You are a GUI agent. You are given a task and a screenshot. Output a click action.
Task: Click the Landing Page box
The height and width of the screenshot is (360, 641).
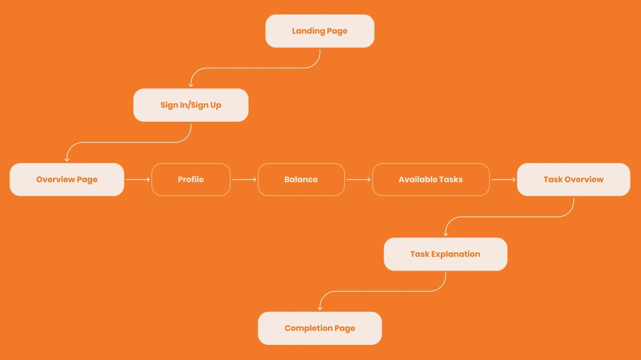click(320, 31)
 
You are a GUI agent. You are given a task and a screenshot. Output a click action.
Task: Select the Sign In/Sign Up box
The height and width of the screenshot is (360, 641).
click(191, 105)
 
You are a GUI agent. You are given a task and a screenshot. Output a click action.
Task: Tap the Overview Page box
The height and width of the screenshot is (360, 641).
click(67, 179)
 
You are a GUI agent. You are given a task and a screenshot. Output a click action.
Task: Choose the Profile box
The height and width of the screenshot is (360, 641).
click(191, 179)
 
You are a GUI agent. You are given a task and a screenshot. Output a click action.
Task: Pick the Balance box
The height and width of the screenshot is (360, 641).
click(301, 179)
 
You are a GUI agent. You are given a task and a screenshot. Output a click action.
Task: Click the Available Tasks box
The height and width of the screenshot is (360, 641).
click(431, 179)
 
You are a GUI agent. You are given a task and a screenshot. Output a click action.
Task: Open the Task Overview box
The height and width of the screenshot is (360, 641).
click(574, 179)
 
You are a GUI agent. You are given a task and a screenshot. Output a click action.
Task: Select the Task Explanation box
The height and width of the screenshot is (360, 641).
click(445, 254)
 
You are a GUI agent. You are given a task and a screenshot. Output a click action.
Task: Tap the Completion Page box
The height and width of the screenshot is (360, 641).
click(320, 328)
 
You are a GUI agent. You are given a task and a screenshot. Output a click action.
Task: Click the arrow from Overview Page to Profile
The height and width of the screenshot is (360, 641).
click(138, 179)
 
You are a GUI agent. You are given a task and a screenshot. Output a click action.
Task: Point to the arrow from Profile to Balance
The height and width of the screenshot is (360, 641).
click(244, 179)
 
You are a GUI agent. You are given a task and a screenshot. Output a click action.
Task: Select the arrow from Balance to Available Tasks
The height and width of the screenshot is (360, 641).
click(358, 179)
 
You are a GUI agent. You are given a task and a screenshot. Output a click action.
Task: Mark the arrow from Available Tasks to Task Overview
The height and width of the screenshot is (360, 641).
click(504, 179)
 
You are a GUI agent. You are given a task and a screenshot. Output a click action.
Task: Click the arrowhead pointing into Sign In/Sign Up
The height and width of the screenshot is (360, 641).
click(191, 85)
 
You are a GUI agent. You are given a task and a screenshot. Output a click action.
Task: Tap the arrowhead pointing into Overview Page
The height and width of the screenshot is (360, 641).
click(67, 160)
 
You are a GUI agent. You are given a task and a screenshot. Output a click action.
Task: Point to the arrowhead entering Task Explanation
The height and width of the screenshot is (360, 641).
click(445, 234)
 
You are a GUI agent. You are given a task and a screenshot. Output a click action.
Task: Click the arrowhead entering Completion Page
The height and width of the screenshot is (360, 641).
click(320, 309)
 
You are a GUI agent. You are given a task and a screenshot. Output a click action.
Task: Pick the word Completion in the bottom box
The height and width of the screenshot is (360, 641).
click(308, 328)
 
